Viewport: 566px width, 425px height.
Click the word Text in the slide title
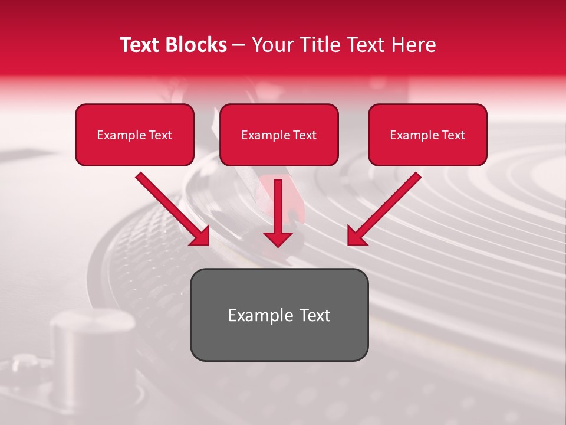pyautogui.click(x=140, y=45)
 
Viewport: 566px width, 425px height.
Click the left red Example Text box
pyautogui.click(x=134, y=135)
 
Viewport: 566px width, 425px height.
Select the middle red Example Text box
pyautogui.click(x=279, y=135)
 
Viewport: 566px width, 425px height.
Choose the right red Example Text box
pyautogui.click(x=427, y=135)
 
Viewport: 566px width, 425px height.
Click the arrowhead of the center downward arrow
pyautogui.click(x=278, y=238)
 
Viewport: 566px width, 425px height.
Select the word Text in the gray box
pyautogui.click(x=314, y=315)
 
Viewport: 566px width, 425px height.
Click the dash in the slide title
pyautogui.click(x=239, y=45)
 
